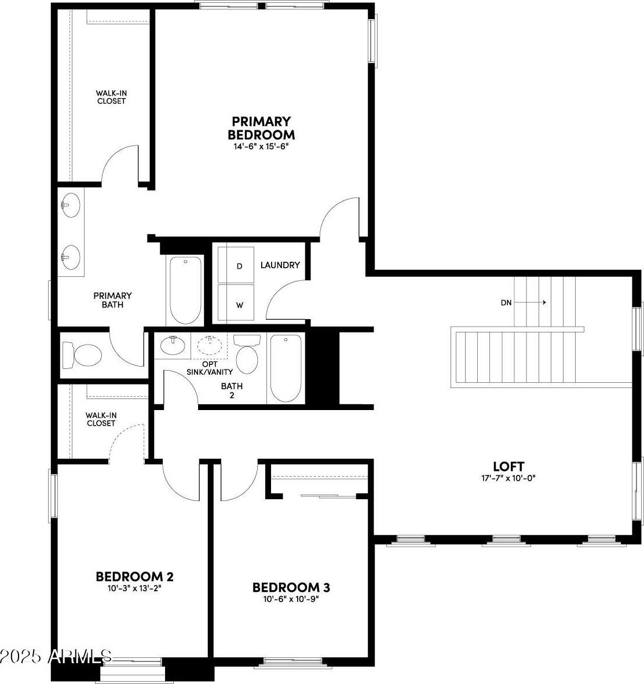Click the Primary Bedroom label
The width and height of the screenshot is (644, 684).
tap(261, 128)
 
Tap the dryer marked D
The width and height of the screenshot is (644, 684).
tap(236, 265)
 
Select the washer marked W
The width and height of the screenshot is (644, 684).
tap(236, 303)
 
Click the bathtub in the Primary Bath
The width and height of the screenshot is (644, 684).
tap(185, 290)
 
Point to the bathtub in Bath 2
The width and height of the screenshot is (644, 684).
tap(286, 368)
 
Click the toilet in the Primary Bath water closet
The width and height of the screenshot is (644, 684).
tap(82, 355)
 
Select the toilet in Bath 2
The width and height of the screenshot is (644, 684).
tap(247, 354)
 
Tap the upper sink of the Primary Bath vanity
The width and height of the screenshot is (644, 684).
tap(70, 205)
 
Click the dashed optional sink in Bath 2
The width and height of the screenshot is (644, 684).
tap(210, 345)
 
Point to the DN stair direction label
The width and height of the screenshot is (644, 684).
tap(506, 303)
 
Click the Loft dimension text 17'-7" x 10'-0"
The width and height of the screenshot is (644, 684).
tap(508, 478)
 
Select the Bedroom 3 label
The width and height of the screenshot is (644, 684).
tap(291, 587)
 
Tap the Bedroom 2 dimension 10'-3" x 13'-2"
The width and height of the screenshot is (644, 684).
tap(135, 588)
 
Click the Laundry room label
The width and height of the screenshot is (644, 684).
tap(280, 265)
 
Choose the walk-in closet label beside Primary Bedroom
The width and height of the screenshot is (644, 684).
tap(111, 97)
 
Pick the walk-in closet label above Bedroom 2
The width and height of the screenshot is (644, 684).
tap(101, 419)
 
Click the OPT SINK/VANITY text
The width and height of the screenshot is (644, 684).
tap(210, 368)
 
